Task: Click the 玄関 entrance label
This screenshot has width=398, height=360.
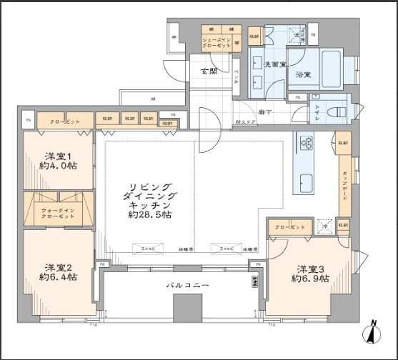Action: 208,71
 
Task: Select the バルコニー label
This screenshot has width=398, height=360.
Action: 188,285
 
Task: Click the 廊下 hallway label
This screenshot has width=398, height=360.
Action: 265,112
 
